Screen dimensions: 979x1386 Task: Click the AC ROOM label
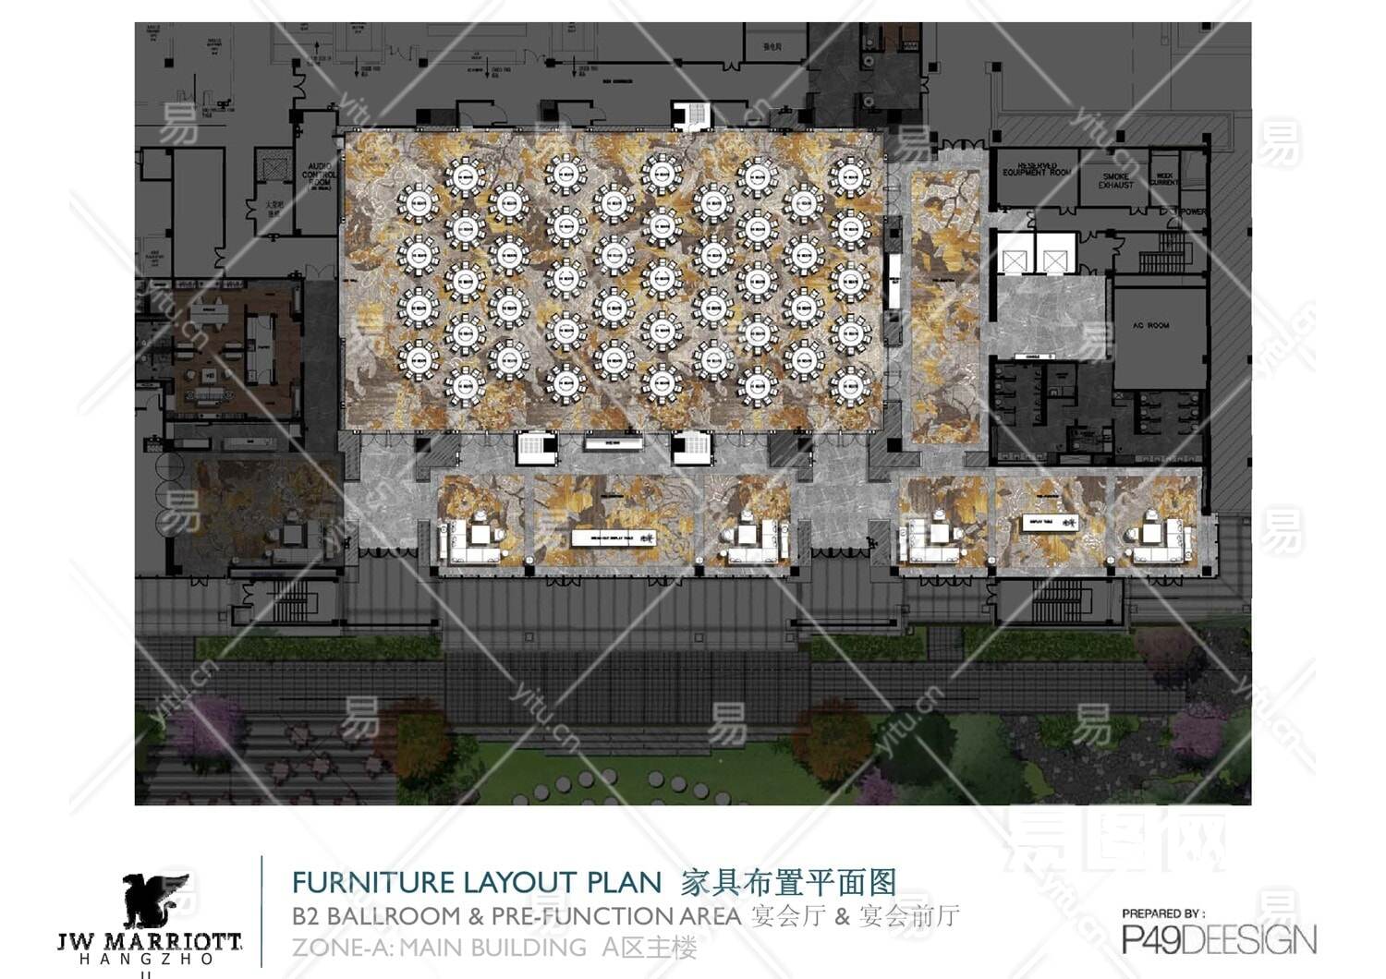[x=1150, y=325]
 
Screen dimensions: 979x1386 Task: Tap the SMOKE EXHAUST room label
[x=1115, y=180]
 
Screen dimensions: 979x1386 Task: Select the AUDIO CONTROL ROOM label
[x=319, y=175]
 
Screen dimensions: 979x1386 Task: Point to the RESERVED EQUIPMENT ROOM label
[x=1036, y=169]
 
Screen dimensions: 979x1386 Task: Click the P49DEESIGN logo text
[x=1219, y=940]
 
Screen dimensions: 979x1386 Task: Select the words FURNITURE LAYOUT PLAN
[x=477, y=882]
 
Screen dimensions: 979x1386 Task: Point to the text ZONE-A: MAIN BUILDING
[x=439, y=948]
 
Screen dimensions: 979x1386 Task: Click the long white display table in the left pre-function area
[x=614, y=538]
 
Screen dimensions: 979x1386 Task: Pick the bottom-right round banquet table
[x=850, y=386]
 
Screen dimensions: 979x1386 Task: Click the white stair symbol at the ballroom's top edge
[x=692, y=116]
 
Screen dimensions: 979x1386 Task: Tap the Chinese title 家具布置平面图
[x=788, y=882]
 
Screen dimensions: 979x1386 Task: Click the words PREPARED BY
[x=1163, y=913]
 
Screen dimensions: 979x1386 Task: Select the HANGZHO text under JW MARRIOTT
[x=148, y=960]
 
